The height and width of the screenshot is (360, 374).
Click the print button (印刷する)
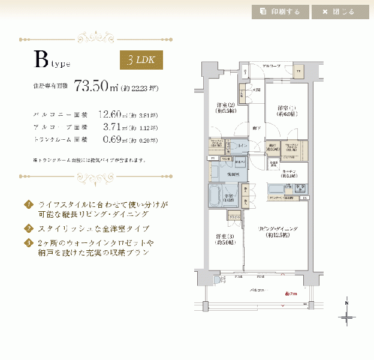tap(280, 11)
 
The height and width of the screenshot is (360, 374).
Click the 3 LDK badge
tap(141, 60)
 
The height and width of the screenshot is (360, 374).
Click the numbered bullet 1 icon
tap(28, 204)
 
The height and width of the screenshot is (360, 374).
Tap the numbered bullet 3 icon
tap(28, 243)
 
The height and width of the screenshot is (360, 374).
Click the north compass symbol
tap(347, 314)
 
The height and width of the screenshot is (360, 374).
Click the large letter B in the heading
tap(41, 59)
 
